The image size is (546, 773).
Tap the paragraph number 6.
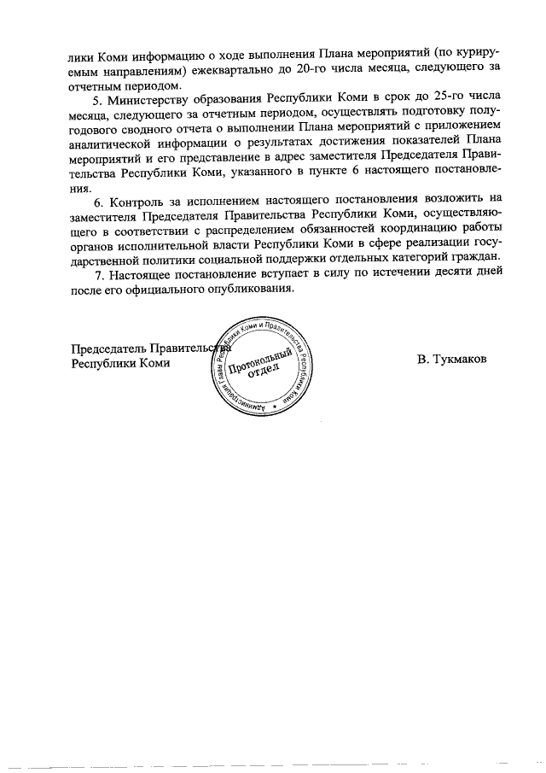pos(97,202)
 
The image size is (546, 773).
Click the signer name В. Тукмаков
pos(452,360)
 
